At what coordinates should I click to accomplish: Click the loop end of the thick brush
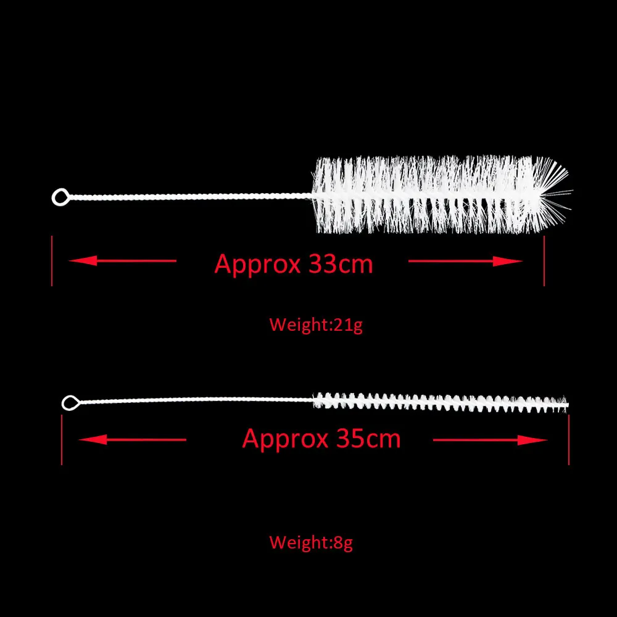[x=60, y=197]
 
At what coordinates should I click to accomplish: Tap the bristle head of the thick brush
[x=426, y=194]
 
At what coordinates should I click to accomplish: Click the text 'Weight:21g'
[x=316, y=324]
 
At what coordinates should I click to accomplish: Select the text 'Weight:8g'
[x=311, y=543]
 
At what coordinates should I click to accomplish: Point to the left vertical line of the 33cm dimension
[x=52, y=260]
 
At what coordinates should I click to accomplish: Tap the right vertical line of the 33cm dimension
[x=544, y=260]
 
